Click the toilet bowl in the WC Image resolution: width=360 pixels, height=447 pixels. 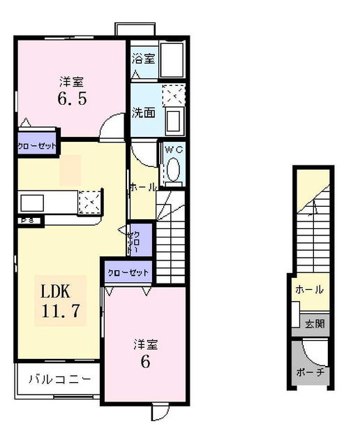(172, 170)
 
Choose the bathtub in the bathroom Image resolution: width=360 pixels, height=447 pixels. (170, 59)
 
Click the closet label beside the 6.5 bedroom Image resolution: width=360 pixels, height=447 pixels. (36, 147)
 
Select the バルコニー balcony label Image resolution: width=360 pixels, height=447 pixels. (59, 380)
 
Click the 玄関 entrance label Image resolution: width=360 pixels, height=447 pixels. (314, 323)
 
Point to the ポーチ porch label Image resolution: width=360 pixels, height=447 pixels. (310, 372)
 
